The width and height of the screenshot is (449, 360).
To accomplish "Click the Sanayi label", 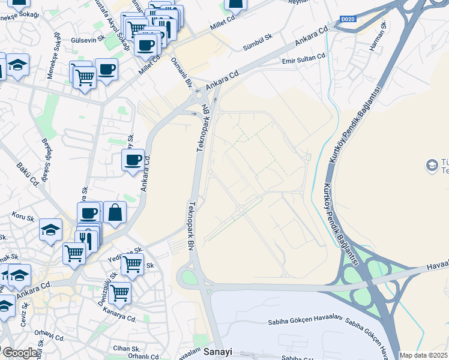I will (x=217, y=352).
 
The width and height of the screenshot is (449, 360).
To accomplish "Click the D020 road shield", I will (x=348, y=19).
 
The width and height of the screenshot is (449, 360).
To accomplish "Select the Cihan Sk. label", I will (x=127, y=348).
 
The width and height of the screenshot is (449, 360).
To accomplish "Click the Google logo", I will (x=20, y=353).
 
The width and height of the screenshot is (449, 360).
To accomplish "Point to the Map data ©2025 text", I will (x=423, y=355).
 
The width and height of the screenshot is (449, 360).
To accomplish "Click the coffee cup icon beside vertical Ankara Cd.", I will (x=133, y=160).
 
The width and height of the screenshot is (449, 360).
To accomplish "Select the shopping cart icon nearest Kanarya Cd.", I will (x=120, y=293).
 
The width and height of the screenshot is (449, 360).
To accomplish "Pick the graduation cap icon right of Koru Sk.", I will (x=50, y=229).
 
